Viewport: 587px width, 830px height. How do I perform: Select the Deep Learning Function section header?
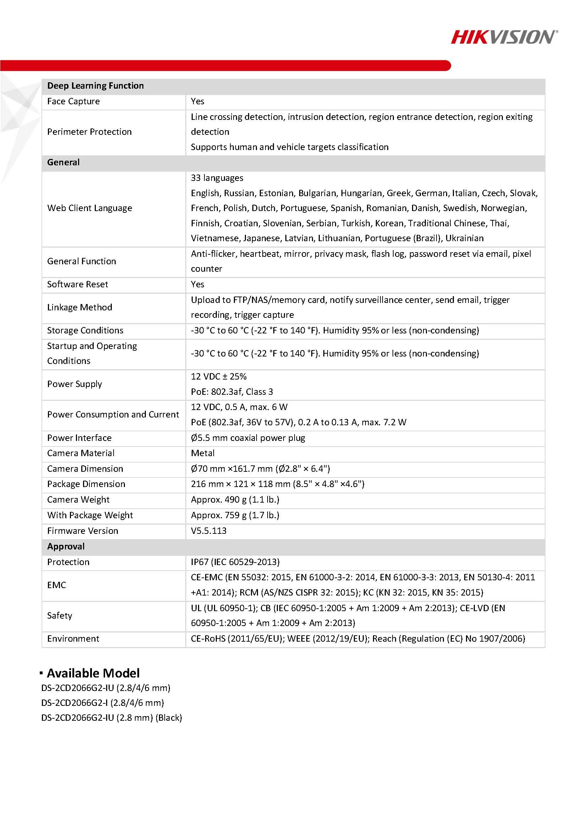[95, 86]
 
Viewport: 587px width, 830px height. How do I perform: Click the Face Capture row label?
[73, 101]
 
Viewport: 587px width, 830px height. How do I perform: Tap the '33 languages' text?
[217, 178]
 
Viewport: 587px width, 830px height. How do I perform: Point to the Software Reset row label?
[77, 284]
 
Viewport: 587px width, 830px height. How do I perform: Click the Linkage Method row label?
[79, 307]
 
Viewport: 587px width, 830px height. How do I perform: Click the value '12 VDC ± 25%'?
[219, 376]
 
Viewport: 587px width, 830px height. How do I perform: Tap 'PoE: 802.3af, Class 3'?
[232, 392]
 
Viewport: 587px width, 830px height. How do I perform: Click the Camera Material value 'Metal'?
[203, 453]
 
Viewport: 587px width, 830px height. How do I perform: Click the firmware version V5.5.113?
[209, 531]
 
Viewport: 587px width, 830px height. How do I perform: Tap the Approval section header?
[66, 546]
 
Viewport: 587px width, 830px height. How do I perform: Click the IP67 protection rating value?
[235, 562]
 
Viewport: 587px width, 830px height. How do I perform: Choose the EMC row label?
[56, 585]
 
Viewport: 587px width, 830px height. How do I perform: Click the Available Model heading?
[93, 673]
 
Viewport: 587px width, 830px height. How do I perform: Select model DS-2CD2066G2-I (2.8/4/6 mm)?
[102, 703]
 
